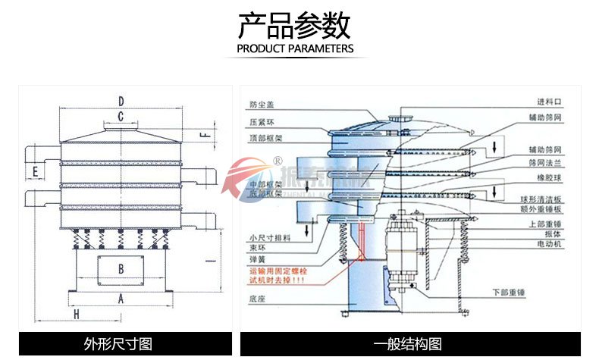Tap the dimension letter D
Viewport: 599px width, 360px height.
(x=121, y=101)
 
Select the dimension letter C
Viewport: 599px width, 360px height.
(x=121, y=116)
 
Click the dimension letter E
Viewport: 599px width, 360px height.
(x=35, y=174)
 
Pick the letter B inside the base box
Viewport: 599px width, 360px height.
(x=121, y=268)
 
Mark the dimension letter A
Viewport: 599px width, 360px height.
(x=121, y=299)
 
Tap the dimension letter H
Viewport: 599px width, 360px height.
(x=76, y=313)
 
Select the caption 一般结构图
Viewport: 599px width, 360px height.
(x=409, y=344)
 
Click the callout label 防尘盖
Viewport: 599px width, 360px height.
(x=258, y=105)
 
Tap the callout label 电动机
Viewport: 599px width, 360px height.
(x=550, y=245)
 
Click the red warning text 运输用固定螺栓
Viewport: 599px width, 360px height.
(x=275, y=269)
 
